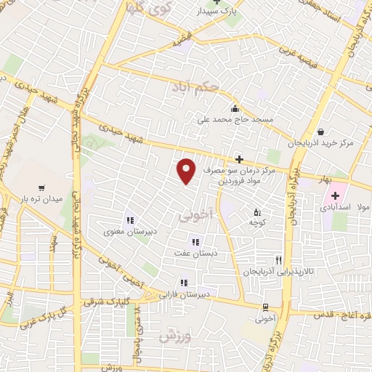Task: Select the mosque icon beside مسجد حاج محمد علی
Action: click(x=234, y=110)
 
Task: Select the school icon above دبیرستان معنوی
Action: click(x=131, y=220)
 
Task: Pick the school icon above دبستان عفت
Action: click(x=195, y=242)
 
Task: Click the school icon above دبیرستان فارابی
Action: click(x=184, y=283)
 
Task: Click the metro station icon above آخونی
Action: click(x=265, y=307)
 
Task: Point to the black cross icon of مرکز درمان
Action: click(x=238, y=158)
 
